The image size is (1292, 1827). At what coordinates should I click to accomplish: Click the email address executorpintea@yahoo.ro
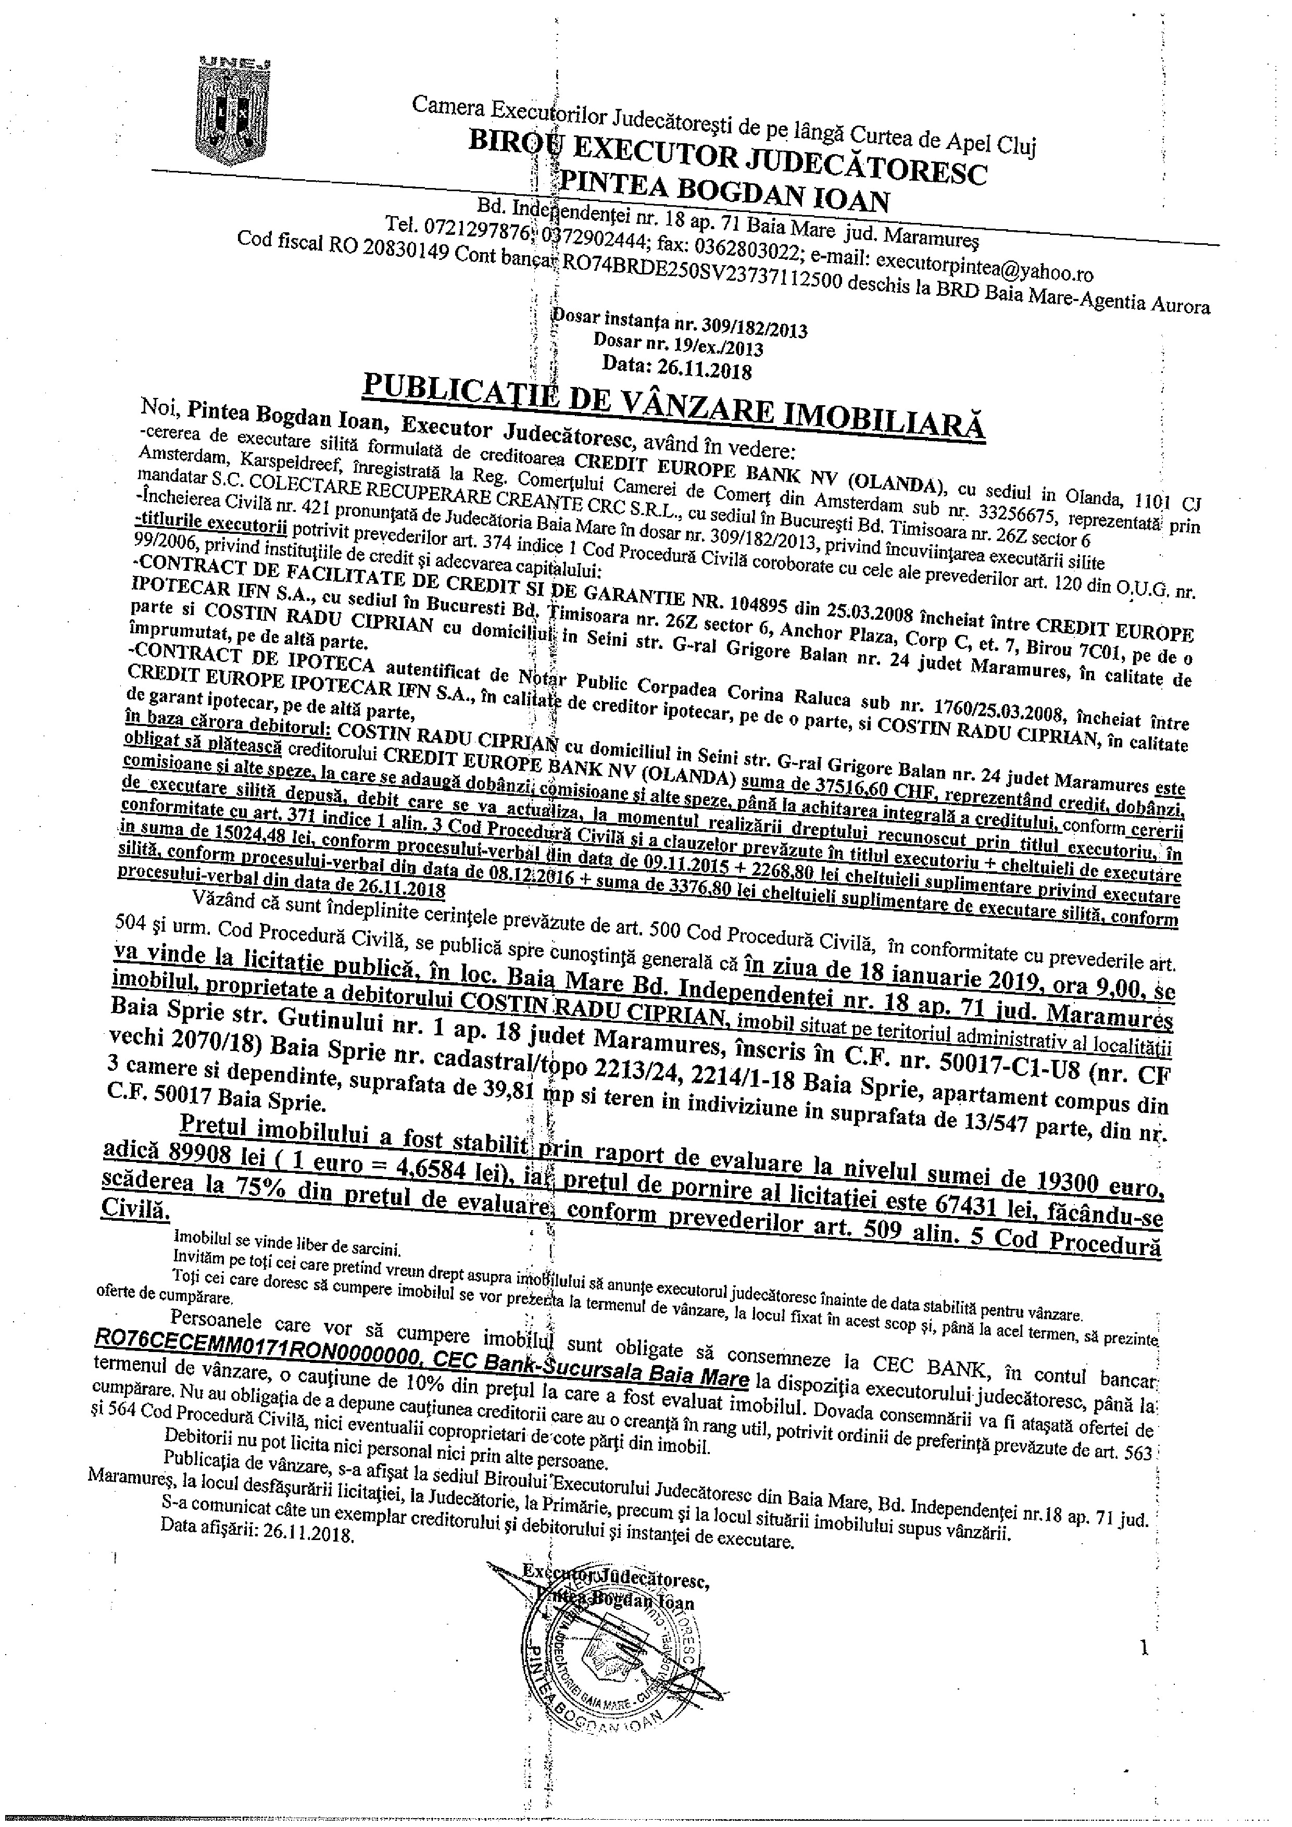click(984, 267)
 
